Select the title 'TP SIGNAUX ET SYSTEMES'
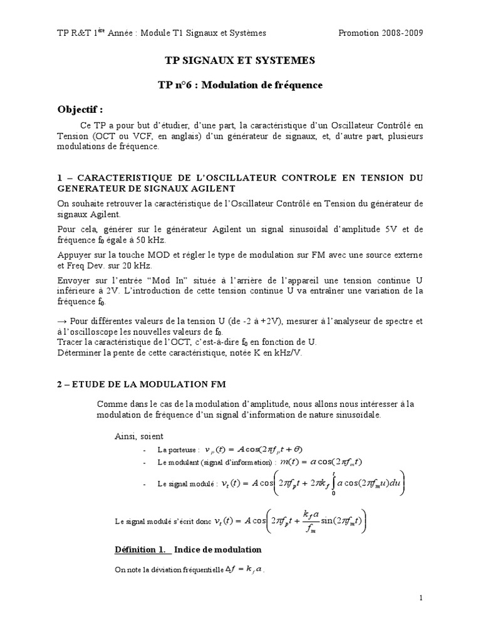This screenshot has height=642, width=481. point(240,61)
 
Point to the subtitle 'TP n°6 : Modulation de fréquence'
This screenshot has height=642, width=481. point(240,85)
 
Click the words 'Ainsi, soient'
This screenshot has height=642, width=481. point(138,436)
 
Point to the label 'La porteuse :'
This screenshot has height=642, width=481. point(179,450)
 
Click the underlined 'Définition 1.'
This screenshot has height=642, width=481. point(141,549)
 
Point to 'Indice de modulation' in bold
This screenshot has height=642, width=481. point(218,549)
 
